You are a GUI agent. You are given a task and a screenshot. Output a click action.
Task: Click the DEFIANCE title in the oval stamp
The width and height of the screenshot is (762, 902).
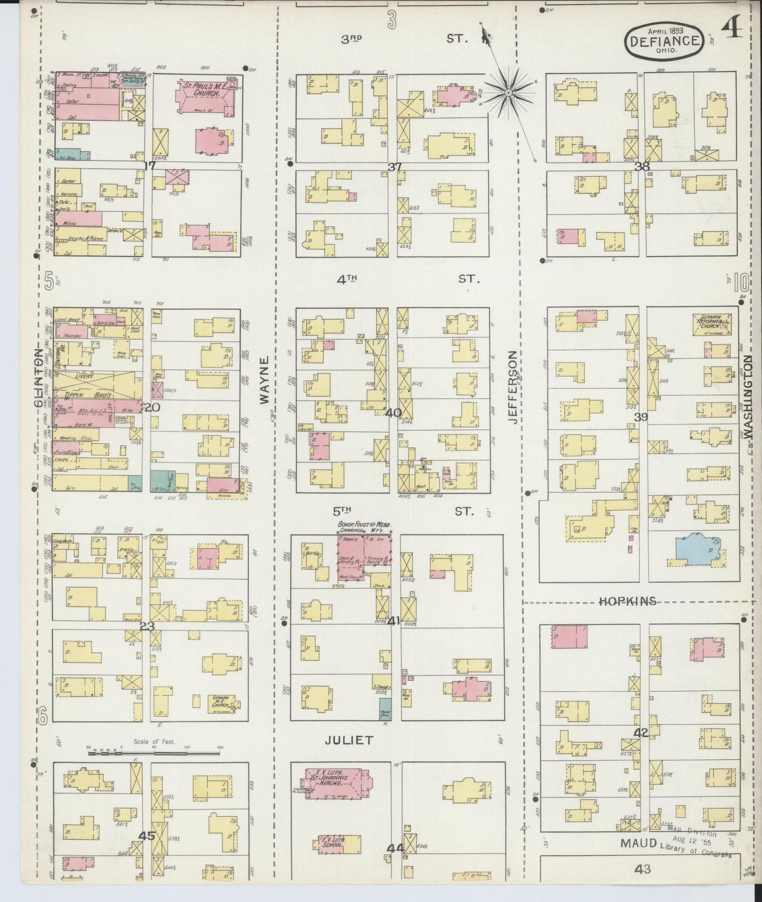(665, 41)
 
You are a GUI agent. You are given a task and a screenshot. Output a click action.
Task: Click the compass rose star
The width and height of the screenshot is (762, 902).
(508, 93)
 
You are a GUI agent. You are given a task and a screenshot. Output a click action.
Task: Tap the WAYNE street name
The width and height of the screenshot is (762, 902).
(264, 380)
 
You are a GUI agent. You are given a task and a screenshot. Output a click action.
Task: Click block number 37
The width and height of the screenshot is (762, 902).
(395, 167)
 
